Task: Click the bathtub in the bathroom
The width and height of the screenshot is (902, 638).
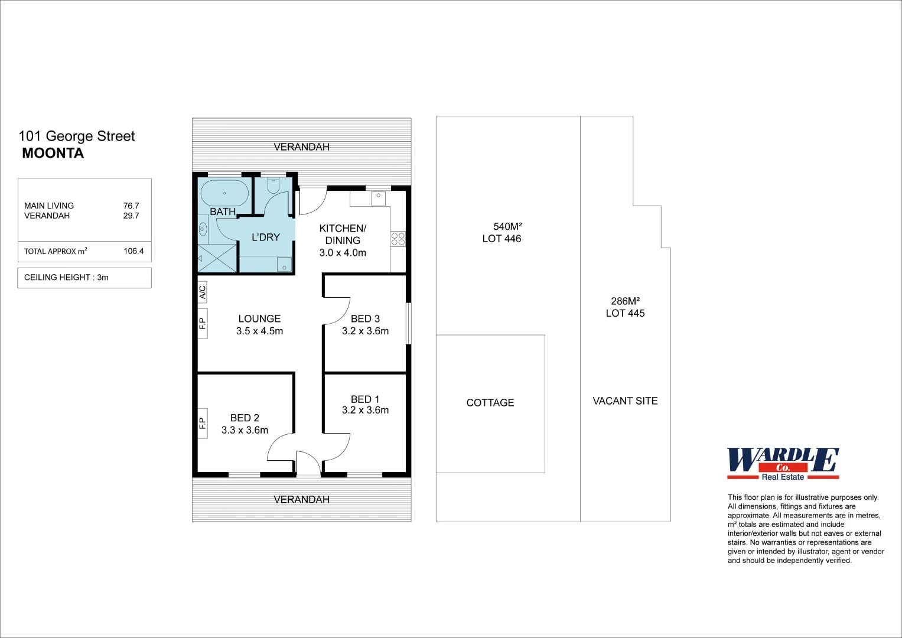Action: [224, 193]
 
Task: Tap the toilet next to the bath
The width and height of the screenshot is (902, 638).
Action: [273, 185]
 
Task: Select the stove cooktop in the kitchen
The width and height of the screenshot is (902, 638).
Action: [398, 239]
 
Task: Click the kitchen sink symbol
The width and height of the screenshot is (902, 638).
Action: [378, 198]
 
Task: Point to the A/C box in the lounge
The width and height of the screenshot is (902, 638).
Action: [202, 292]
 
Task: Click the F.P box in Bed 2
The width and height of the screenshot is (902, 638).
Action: [202, 423]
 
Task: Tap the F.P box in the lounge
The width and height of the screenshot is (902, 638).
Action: [202, 323]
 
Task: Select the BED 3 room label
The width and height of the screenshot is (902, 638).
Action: [365, 318]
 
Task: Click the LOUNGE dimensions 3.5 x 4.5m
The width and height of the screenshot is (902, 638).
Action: [259, 331]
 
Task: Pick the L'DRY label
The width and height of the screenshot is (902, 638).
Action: [265, 237]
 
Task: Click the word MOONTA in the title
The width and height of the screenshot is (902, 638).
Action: [53, 153]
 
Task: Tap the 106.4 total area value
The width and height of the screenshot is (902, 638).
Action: [133, 251]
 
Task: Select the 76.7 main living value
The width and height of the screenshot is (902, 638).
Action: [131, 206]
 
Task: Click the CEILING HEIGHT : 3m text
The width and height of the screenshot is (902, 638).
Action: [66, 277]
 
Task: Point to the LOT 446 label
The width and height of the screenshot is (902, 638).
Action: [502, 239]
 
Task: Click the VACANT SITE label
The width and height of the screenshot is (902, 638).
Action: [625, 401]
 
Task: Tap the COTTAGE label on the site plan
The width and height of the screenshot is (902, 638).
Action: [490, 402]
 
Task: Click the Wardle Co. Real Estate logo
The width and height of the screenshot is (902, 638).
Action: [783, 464]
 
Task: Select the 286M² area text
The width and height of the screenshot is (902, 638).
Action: [625, 301]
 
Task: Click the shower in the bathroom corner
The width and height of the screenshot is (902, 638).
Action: [217, 259]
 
